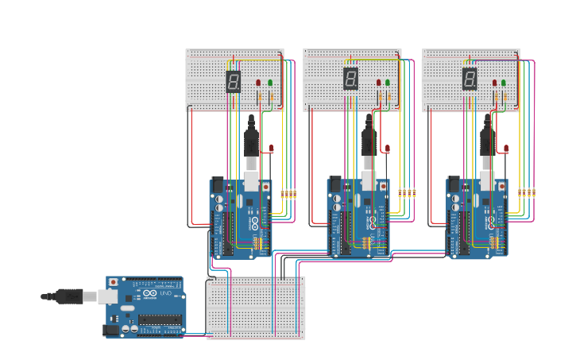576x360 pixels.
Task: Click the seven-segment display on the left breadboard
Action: pos(233,81)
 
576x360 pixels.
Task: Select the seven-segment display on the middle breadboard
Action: pos(350,78)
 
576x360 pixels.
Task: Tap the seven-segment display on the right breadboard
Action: pos(470,78)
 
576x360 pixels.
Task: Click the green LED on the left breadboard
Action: pos(270,83)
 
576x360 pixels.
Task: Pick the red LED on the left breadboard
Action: pos(258,83)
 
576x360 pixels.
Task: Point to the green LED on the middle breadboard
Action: pos(388,83)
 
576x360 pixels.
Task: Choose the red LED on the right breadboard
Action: pos(494,83)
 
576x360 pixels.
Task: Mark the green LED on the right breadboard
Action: pos(504,83)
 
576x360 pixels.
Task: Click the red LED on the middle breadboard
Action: pos(378,83)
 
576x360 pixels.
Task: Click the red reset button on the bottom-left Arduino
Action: pos(114,282)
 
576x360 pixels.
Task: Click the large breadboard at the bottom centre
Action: pos(256,308)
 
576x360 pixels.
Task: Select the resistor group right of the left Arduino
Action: pos(288,193)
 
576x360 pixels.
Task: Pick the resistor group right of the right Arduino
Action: pos(525,192)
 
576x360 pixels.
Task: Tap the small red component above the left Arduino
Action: pos(271,149)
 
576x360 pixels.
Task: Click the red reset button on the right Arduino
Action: pos(501,186)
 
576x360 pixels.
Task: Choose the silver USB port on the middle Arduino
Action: pos(369,181)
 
